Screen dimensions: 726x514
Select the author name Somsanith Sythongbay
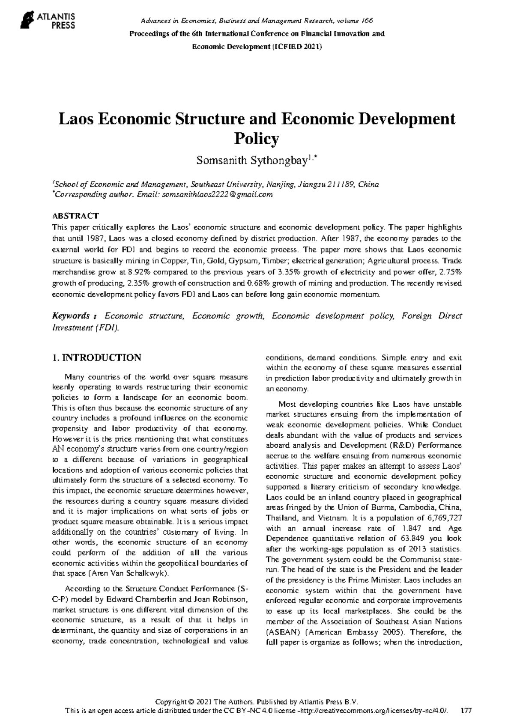pos(252,161)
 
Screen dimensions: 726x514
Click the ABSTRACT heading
pos(75,216)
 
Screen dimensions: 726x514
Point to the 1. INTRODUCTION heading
pos(96,358)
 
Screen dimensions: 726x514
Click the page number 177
pos(466,711)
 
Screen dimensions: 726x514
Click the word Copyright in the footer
pos(171,702)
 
